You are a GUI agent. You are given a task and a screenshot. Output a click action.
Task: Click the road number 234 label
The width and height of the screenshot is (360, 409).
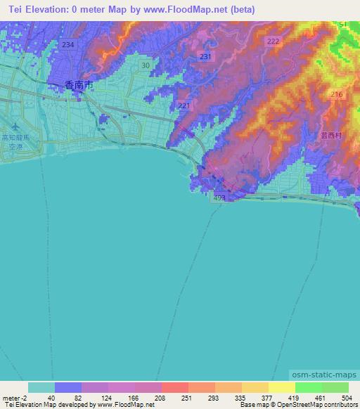pos(67,44)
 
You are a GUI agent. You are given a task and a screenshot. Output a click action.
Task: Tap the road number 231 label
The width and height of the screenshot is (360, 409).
pos(205,56)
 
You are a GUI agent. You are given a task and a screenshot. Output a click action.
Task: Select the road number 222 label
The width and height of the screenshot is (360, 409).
pos(273,43)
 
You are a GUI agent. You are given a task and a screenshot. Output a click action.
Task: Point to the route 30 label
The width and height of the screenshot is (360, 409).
pos(145,65)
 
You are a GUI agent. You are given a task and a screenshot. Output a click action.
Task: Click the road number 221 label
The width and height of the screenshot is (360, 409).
pos(184,105)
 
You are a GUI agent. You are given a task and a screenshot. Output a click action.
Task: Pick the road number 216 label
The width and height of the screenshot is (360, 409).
pos(336,95)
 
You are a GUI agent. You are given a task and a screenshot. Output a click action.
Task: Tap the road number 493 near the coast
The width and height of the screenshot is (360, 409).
pos(219,199)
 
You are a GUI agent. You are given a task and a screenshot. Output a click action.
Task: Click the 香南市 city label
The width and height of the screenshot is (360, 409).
pos(77,85)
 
